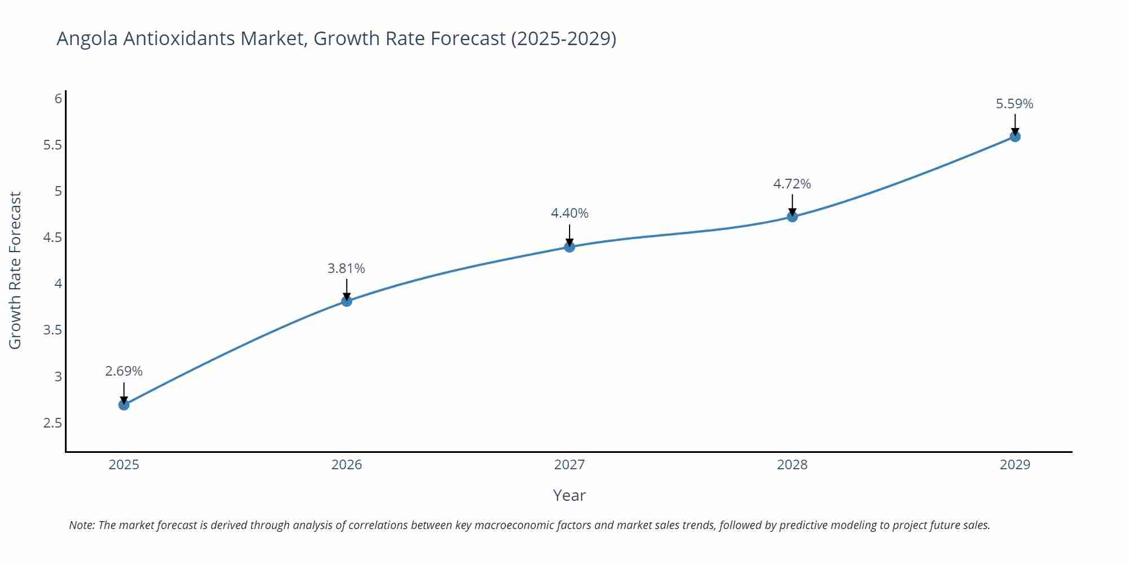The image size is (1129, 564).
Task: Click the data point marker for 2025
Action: pyautogui.click(x=124, y=404)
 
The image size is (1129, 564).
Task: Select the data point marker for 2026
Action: pyautogui.click(x=347, y=301)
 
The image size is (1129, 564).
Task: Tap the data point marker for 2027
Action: pyautogui.click(x=569, y=246)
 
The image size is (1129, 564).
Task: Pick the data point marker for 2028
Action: pyautogui.click(x=792, y=217)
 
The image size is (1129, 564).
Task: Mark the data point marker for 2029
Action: pyautogui.click(x=1015, y=136)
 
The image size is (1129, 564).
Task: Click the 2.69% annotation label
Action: pyautogui.click(x=124, y=371)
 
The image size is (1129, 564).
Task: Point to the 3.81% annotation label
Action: pyautogui.click(x=346, y=268)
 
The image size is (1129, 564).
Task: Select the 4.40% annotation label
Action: pyautogui.click(x=569, y=213)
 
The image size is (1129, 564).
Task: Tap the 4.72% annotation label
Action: pyautogui.click(x=791, y=184)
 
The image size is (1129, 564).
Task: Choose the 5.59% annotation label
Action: pyautogui.click(x=1014, y=104)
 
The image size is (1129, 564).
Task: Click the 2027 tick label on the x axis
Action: pyautogui.click(x=569, y=465)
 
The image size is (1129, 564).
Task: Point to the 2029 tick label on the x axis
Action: pyautogui.click(x=1014, y=465)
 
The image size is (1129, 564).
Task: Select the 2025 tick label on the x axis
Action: pyautogui.click(x=124, y=465)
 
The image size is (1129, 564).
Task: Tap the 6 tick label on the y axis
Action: pyautogui.click(x=58, y=99)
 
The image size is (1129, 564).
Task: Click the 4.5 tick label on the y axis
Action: pyautogui.click(x=52, y=237)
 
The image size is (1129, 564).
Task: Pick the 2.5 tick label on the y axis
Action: pyautogui.click(x=52, y=423)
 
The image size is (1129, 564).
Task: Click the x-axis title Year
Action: pyautogui.click(x=569, y=495)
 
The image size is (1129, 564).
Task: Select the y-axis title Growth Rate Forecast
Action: pyautogui.click(x=15, y=270)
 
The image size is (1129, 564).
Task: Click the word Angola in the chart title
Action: pyautogui.click(x=87, y=39)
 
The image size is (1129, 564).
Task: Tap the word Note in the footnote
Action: pyautogui.click(x=81, y=525)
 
